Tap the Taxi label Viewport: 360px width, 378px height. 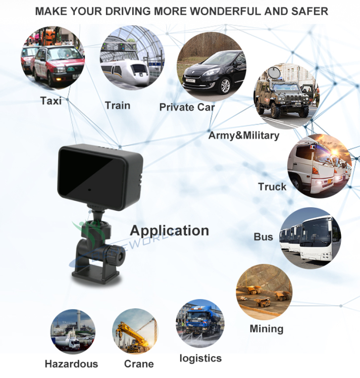[x=50, y=101]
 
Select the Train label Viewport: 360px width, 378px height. [x=118, y=106]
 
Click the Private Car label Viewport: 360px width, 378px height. [x=187, y=107]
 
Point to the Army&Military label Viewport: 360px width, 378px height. [x=243, y=135]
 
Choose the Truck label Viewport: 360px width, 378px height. [x=272, y=186]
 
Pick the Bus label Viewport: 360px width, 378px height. [x=264, y=237]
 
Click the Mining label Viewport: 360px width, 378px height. [x=267, y=329]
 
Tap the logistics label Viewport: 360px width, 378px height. [x=200, y=358]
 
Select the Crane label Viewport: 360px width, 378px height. [x=139, y=364]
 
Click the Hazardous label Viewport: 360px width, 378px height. [x=71, y=364]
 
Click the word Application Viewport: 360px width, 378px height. [x=170, y=230]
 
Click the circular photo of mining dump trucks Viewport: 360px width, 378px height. [x=264, y=292]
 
